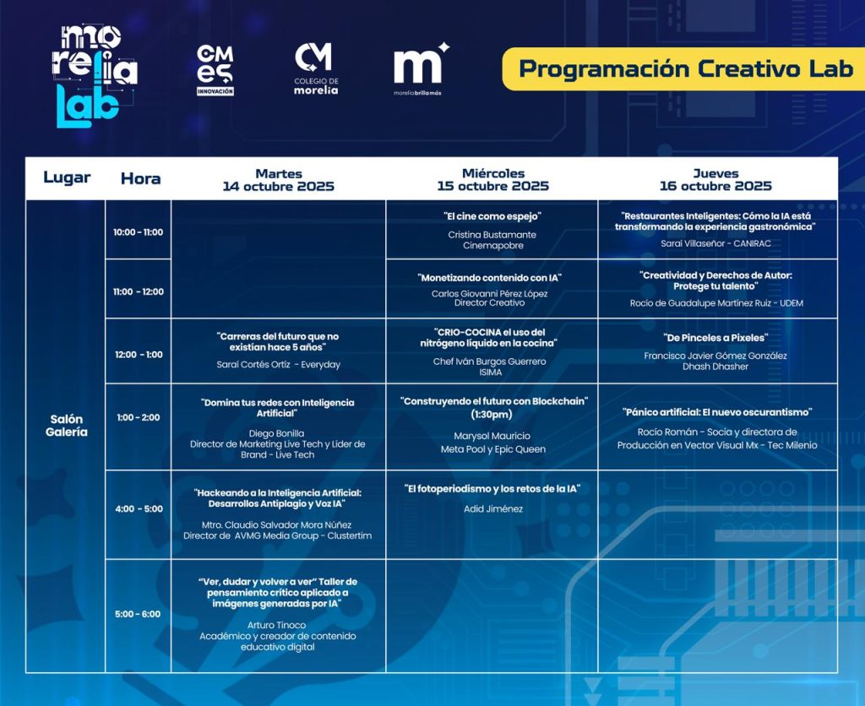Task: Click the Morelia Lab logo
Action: [95, 75]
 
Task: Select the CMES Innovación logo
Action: [215, 70]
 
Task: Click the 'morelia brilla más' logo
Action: [421, 69]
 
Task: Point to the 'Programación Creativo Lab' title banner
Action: [683, 69]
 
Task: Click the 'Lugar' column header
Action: [67, 177]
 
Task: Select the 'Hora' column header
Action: [141, 179]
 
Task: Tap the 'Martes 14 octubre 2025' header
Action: [279, 180]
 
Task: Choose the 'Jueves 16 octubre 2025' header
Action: [715, 180]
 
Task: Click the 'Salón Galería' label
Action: [66, 426]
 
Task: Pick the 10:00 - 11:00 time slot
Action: [138, 232]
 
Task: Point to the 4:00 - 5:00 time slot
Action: [139, 508]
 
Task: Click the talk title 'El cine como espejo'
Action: [492, 216]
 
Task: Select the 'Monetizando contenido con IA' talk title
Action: [489, 278]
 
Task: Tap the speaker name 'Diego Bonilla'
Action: [276, 433]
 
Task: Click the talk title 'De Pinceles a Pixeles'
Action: [715, 338]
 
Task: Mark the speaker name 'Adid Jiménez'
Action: [493, 508]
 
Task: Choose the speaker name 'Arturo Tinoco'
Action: [276, 625]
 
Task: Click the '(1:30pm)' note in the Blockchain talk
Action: [492, 414]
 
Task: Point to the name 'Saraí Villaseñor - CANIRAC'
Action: [715, 243]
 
